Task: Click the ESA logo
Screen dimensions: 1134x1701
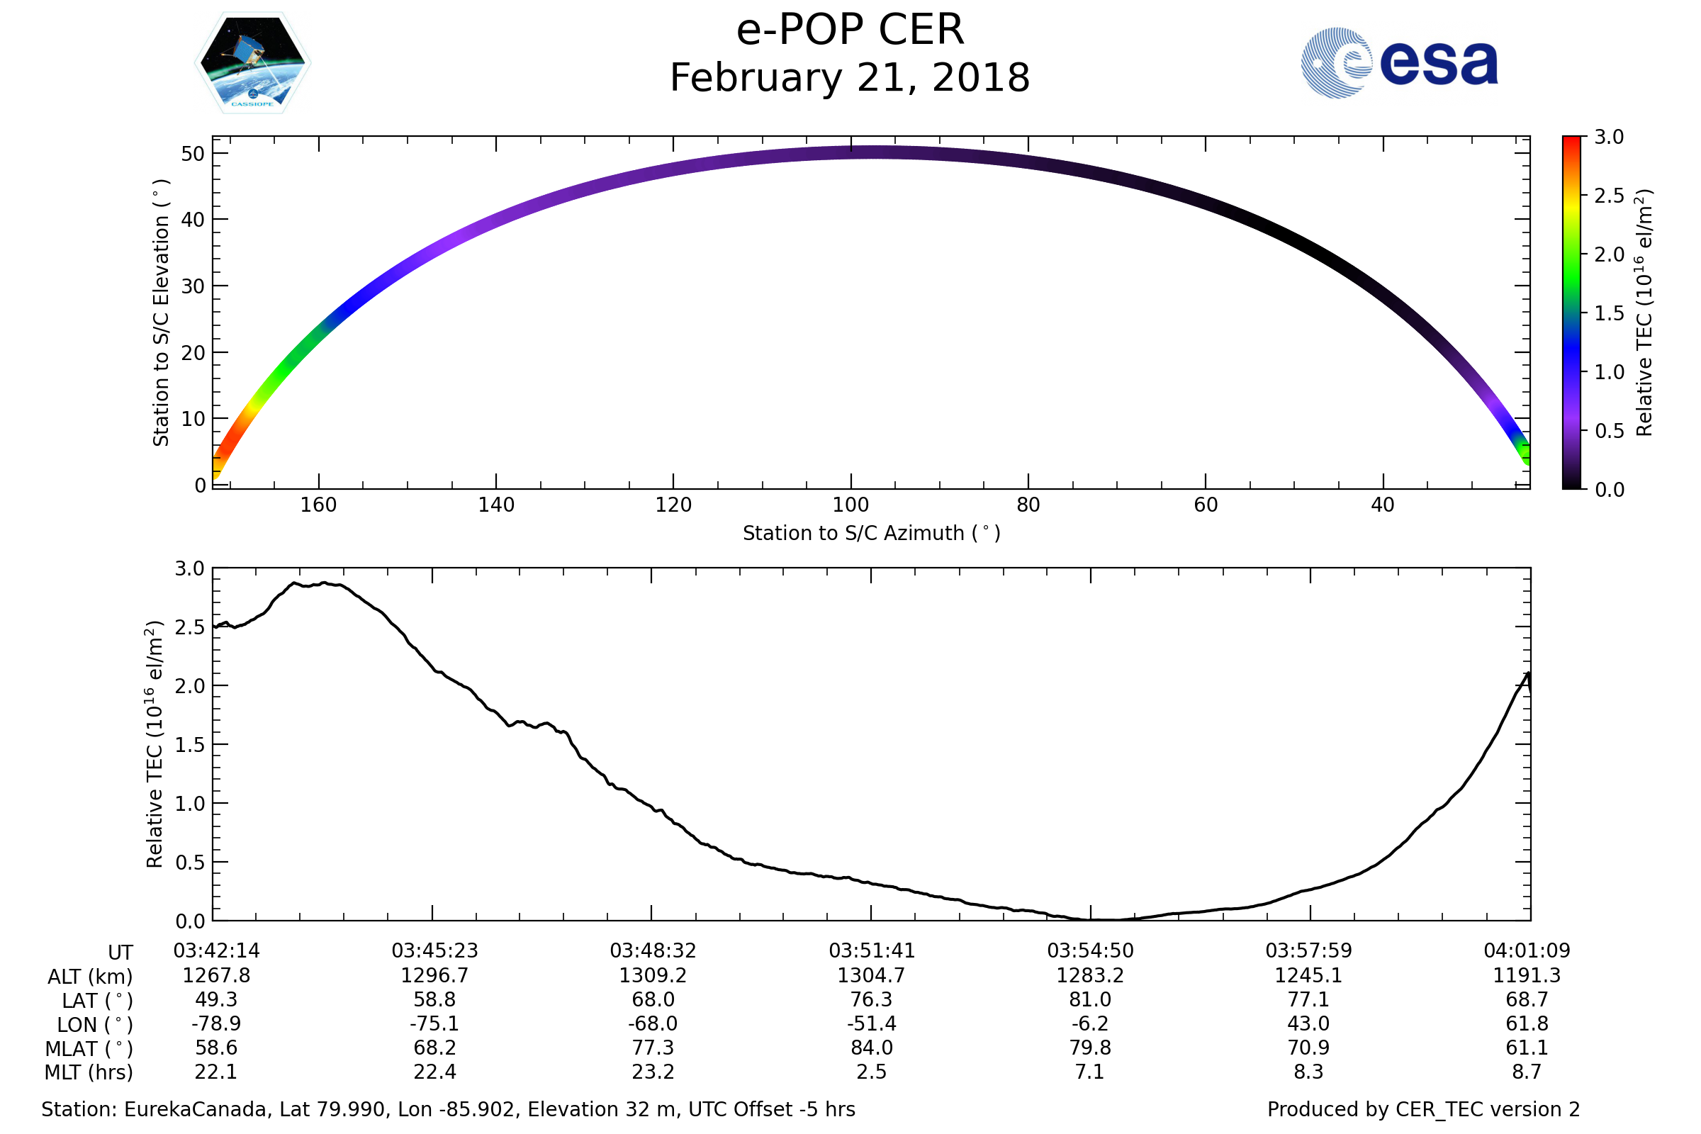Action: tap(1398, 63)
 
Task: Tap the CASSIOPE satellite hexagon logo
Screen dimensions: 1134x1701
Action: tap(252, 63)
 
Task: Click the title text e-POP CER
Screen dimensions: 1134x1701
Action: tap(850, 30)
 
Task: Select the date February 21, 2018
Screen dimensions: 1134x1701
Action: tap(850, 78)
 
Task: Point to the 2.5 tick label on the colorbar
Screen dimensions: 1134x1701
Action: tap(1608, 196)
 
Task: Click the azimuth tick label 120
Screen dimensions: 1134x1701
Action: tap(673, 505)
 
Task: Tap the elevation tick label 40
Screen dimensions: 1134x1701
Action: tap(193, 220)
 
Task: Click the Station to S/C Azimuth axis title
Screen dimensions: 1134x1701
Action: tap(872, 534)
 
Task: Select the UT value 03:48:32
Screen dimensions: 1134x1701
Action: tap(653, 951)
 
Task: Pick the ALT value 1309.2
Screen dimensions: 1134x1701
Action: tap(653, 976)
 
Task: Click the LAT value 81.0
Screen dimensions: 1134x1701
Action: tap(1090, 999)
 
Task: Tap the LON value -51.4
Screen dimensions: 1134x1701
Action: tap(872, 1023)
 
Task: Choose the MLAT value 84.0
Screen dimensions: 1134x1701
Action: tap(872, 1048)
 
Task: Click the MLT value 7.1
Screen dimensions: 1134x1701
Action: tap(1090, 1071)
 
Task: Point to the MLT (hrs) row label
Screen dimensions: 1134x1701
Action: tap(89, 1072)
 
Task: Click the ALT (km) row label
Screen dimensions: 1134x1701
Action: tap(91, 977)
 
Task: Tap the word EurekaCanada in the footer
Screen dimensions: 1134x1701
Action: tap(196, 1109)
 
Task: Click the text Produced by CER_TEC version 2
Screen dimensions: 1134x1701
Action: tap(1423, 1109)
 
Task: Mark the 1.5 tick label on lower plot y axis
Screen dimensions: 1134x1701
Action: tap(190, 745)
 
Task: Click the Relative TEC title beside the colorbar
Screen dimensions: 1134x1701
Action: tap(1644, 313)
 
